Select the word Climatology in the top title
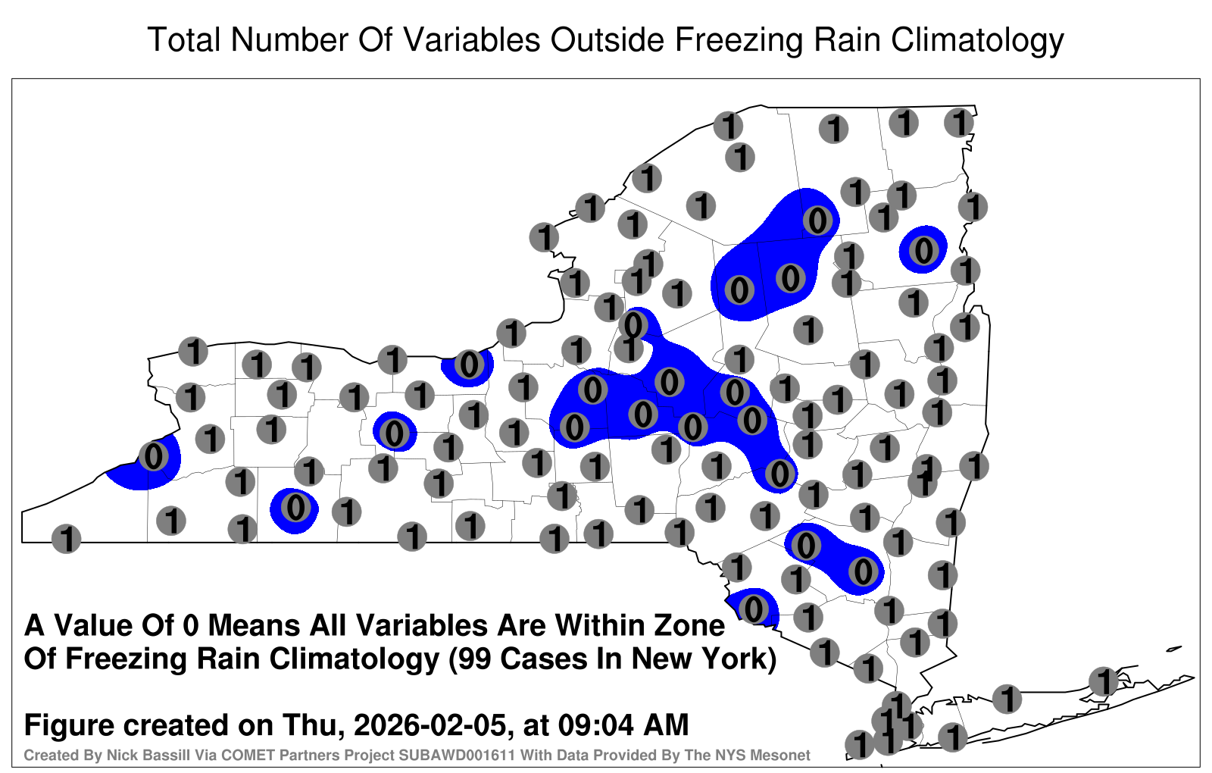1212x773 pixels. pos(977,41)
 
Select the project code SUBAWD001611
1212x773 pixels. pos(457,755)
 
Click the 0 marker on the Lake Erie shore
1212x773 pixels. pos(154,456)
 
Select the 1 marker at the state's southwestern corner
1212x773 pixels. pos(66,539)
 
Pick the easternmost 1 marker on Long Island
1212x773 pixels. pos(1103,681)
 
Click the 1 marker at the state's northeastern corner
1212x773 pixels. pos(959,124)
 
